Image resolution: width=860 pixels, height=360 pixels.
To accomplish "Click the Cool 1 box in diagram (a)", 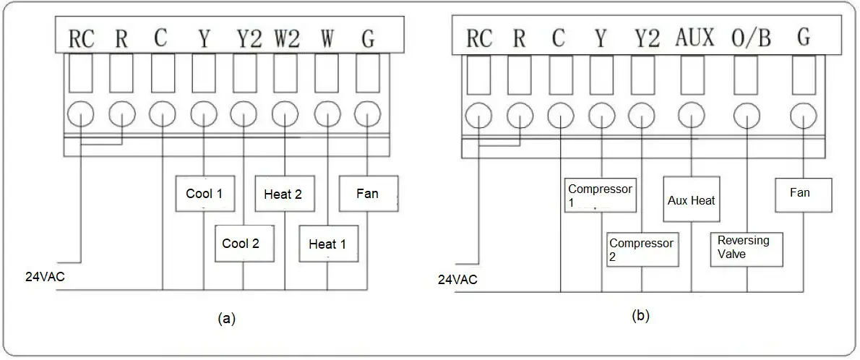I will pyautogui.click(x=204, y=193).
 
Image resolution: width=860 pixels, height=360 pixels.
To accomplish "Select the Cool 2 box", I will pyautogui.click(x=241, y=244).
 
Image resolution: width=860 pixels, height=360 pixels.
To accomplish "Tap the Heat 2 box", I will pyautogui.click(x=283, y=194).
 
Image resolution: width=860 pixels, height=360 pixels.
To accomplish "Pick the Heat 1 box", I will pyautogui.click(x=327, y=244).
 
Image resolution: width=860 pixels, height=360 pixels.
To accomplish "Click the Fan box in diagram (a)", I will pyautogui.click(x=368, y=194).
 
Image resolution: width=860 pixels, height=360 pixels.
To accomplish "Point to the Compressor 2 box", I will pyautogui.click(x=642, y=249).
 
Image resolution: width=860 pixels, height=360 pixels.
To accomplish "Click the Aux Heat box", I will pyautogui.click(x=692, y=200).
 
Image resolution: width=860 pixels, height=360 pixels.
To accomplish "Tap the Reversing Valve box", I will pyautogui.click(x=745, y=247).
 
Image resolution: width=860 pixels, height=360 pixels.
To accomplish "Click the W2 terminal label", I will pyautogui.click(x=286, y=39).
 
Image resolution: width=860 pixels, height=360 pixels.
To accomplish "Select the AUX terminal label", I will pyautogui.click(x=695, y=38).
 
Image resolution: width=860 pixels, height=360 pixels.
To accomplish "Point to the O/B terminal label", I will pyautogui.click(x=752, y=38).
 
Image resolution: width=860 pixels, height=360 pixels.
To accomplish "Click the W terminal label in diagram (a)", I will pyautogui.click(x=327, y=39).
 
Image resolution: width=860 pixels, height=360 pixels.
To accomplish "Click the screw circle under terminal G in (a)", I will pyautogui.click(x=368, y=115).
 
